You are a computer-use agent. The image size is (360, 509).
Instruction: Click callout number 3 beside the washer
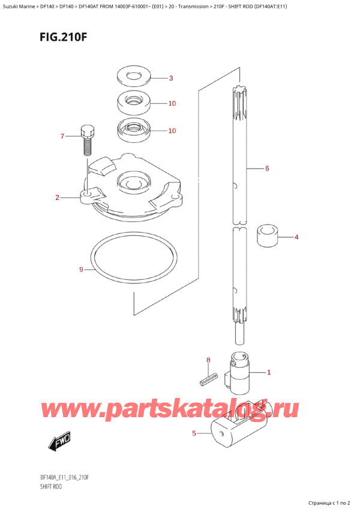point(170,79)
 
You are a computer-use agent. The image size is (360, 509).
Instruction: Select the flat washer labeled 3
point(131,77)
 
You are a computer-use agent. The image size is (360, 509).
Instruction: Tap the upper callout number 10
point(172,104)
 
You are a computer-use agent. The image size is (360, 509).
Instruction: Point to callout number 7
point(62,137)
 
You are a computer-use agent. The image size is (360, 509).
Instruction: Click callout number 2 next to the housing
point(57,197)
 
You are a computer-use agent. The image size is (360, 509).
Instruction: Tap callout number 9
point(81,270)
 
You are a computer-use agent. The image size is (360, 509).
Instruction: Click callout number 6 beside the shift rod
point(266,169)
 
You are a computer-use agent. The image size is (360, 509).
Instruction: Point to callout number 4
point(296,237)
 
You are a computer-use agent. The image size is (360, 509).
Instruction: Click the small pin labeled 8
point(207,378)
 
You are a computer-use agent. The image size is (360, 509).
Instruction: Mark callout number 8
point(208,360)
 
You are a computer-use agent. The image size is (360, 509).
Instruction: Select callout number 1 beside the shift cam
point(269,372)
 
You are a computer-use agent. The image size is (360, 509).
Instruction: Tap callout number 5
point(194,433)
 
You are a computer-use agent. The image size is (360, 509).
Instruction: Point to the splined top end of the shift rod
point(239,96)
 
